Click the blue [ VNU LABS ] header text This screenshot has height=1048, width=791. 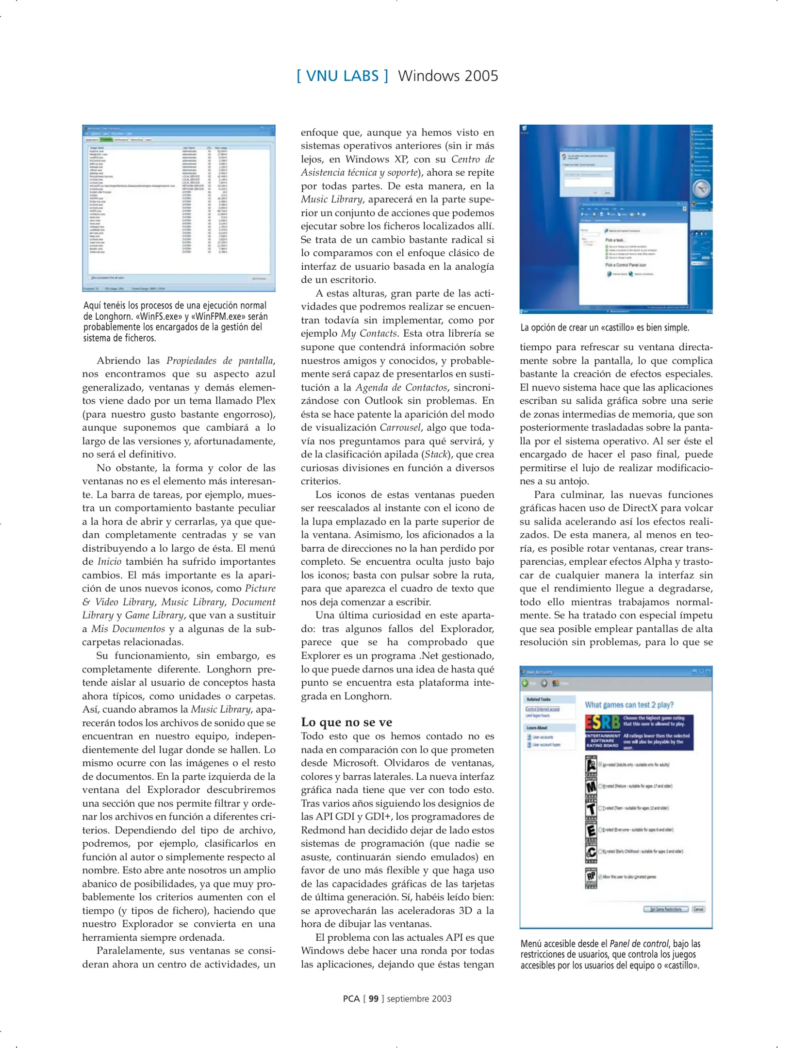click(x=342, y=76)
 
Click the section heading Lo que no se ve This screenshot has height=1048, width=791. click(x=346, y=721)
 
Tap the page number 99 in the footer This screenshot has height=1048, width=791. click(x=373, y=999)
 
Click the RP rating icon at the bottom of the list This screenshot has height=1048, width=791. click(x=591, y=876)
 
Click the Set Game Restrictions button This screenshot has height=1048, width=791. click(x=665, y=909)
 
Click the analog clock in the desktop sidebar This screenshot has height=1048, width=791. click(x=701, y=188)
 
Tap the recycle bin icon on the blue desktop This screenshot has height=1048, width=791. click(x=525, y=129)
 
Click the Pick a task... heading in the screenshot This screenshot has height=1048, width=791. click(x=615, y=240)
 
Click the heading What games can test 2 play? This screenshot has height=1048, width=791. click(x=629, y=704)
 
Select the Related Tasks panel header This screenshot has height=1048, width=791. click(x=539, y=699)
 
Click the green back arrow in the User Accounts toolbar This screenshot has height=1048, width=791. click(x=525, y=683)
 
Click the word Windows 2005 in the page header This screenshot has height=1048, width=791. click(x=447, y=76)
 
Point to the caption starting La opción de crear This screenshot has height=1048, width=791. click(x=604, y=327)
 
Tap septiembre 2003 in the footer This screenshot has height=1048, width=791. click(x=419, y=999)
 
